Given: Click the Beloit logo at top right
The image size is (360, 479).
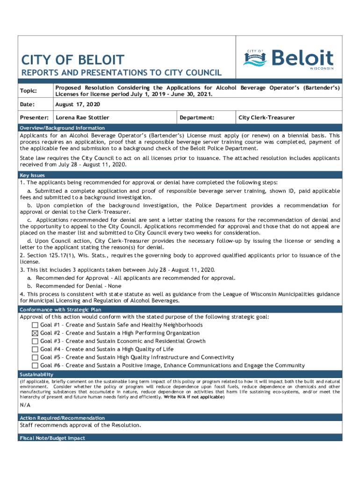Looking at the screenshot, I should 288,59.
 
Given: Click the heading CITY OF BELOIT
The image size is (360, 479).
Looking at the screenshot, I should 73,60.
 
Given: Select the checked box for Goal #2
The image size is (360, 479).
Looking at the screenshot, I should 35,333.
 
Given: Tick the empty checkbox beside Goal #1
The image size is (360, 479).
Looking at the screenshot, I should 35,325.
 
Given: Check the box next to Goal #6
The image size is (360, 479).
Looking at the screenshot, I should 35,365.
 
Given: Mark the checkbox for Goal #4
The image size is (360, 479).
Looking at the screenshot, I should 35,349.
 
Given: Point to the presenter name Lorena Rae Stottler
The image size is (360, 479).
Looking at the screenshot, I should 82,118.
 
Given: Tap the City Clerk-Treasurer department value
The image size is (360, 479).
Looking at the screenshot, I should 266,118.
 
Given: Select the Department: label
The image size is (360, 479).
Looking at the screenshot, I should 197,118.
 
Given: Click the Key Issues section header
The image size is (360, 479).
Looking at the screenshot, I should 32,175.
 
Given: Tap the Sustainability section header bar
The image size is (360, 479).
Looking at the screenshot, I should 36,375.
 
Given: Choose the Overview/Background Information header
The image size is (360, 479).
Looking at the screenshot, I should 62,128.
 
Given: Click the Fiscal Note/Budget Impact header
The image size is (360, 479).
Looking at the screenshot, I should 52,438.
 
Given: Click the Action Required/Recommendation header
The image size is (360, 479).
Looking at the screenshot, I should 62,418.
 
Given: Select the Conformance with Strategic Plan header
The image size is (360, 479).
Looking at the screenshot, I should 60,310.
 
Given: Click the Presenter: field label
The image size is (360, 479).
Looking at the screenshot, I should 35,118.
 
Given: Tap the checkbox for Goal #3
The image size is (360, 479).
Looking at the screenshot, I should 35,341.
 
